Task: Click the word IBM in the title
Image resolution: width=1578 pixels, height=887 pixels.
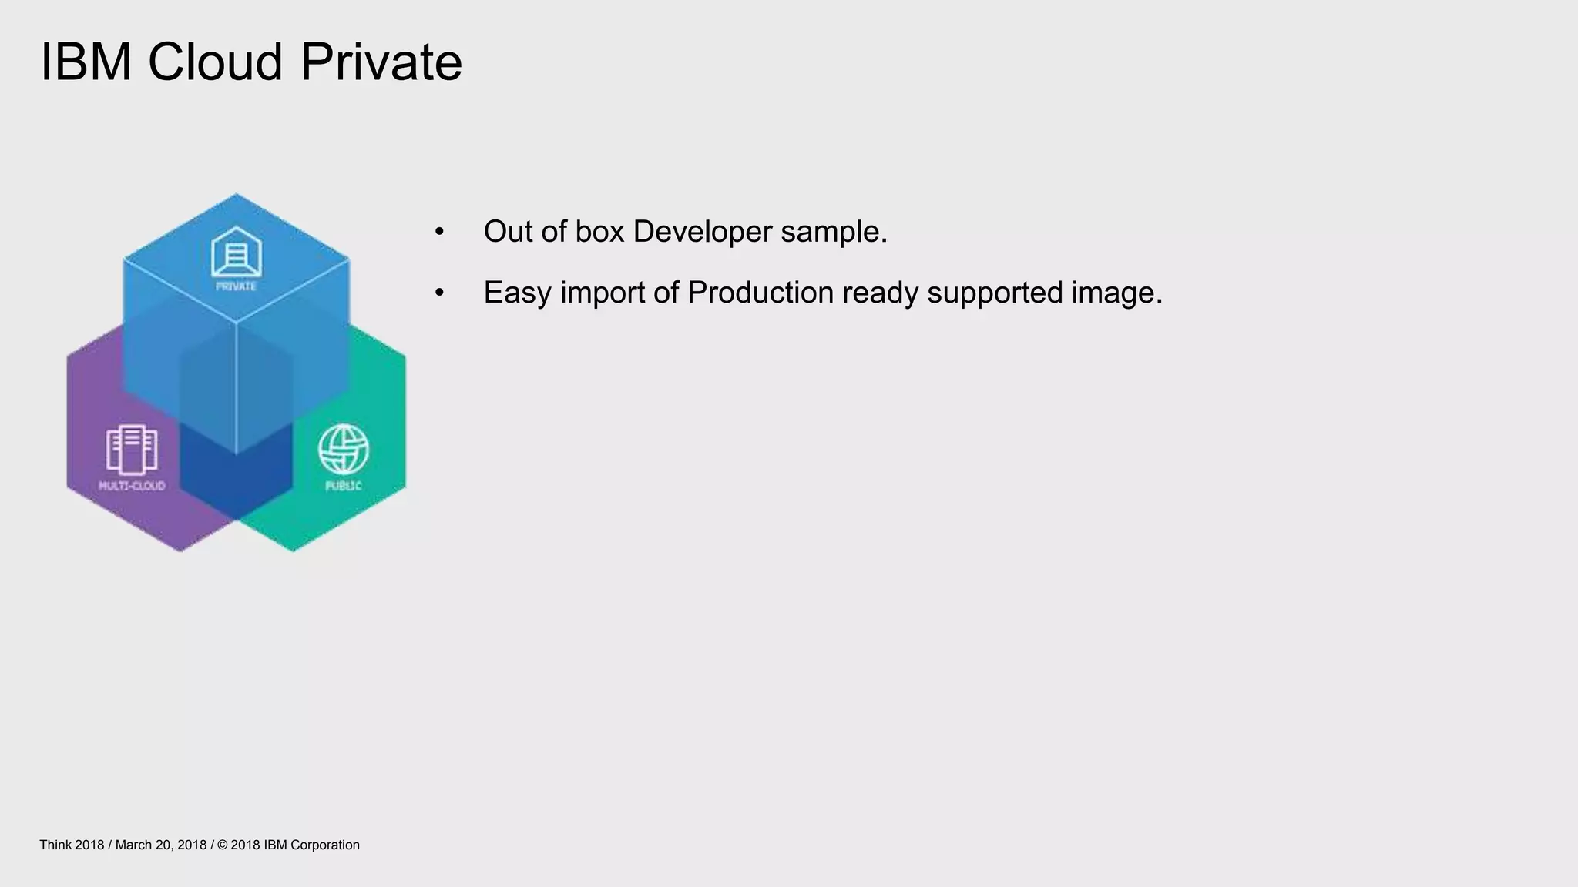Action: point(86,62)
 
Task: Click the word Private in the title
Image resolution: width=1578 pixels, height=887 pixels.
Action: point(381,62)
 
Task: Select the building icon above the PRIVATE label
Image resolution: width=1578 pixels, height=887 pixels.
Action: point(237,252)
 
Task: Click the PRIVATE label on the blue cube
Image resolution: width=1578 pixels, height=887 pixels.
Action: point(236,286)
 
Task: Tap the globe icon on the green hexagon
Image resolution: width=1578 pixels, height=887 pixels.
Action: point(344,450)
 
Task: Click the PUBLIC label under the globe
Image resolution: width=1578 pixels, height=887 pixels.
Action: point(344,486)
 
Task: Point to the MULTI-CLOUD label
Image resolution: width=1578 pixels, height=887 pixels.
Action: point(132,486)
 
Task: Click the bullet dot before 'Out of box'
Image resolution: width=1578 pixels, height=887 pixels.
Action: point(439,232)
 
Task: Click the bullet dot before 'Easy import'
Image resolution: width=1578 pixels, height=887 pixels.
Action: point(439,293)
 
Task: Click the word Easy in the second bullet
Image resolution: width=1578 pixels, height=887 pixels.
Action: point(517,293)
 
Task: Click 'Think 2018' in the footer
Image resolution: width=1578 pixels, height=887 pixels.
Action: point(72,845)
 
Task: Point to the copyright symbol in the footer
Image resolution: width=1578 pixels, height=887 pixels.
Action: point(223,845)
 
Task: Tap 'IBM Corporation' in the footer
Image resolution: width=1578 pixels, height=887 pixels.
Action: point(311,845)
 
